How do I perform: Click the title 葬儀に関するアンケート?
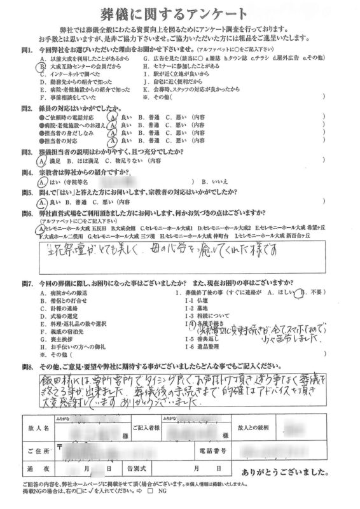(180, 13)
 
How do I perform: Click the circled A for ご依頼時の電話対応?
(113, 118)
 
